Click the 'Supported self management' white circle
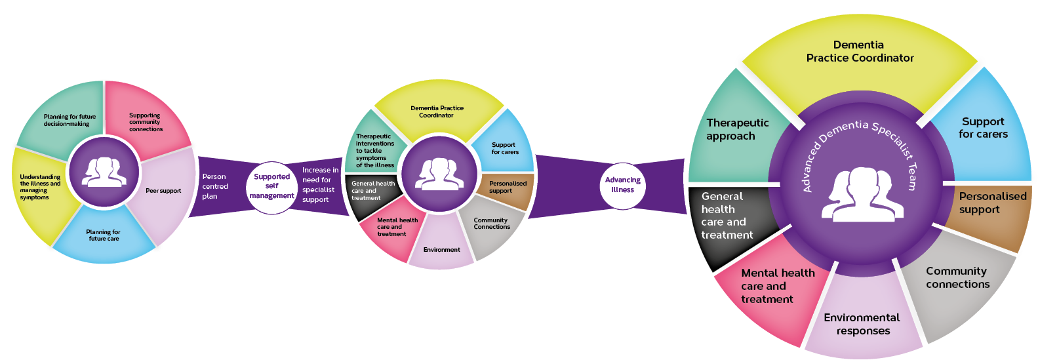(272, 186)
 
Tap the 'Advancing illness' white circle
(623, 185)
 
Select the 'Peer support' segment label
(163, 191)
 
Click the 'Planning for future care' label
(104, 235)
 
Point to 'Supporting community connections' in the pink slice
(145, 122)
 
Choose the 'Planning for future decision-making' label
(70, 120)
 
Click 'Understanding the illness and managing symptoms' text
(40, 187)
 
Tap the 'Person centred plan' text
(215, 186)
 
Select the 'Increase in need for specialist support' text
(320, 185)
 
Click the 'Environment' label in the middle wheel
(441, 250)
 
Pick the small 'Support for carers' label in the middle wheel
(504, 148)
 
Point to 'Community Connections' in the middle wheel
(491, 224)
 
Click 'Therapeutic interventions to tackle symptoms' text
(374, 151)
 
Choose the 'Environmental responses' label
(862, 324)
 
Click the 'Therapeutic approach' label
(737, 129)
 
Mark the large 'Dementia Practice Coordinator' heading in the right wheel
(860, 51)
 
